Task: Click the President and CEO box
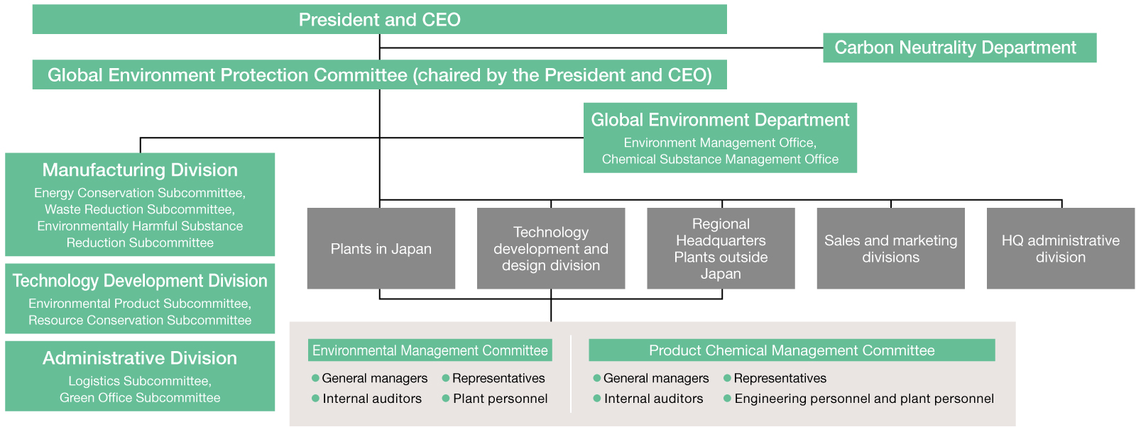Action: click(x=379, y=19)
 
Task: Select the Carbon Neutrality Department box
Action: click(x=959, y=48)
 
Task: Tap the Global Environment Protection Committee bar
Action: click(x=379, y=74)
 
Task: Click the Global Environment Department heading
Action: click(x=720, y=120)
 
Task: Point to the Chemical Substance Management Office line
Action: click(x=720, y=159)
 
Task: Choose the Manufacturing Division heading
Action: click(x=140, y=170)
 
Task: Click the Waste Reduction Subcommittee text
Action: click(x=139, y=209)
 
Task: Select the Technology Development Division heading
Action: click(x=140, y=281)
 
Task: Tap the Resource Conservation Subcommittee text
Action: click(x=140, y=320)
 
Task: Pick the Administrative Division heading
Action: click(x=140, y=358)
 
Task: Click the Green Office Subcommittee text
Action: click(x=140, y=398)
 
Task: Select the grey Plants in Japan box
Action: click(x=381, y=248)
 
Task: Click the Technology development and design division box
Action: click(x=551, y=248)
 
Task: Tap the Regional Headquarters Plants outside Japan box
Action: click(x=721, y=248)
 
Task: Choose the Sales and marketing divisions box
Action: click(x=890, y=248)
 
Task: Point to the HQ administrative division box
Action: click(x=1061, y=248)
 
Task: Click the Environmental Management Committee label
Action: click(x=430, y=350)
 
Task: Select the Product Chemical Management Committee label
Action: click(x=792, y=350)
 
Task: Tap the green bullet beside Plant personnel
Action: click(x=446, y=399)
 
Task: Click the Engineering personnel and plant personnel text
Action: click(x=864, y=399)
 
